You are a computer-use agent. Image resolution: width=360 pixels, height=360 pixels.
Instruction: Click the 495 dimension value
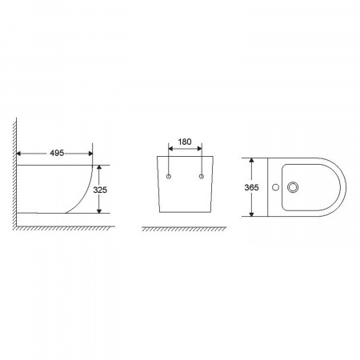point(57,153)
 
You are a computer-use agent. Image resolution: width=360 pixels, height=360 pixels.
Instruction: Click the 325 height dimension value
point(100,190)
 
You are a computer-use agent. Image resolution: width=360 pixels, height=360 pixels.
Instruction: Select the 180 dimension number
point(185,142)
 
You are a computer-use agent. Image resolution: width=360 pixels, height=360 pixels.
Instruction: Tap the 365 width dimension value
point(251,187)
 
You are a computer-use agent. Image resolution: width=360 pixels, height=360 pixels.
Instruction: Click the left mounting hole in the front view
point(169,176)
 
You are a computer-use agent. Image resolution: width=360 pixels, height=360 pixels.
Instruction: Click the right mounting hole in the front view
point(202,176)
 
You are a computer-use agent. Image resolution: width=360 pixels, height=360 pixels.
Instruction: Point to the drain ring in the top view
point(293,187)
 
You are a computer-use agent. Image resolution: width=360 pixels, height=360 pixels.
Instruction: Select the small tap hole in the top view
point(276,187)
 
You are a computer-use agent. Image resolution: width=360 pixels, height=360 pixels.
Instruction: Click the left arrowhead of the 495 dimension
point(18,154)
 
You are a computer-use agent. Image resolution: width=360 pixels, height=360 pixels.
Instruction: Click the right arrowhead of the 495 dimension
point(90,154)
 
